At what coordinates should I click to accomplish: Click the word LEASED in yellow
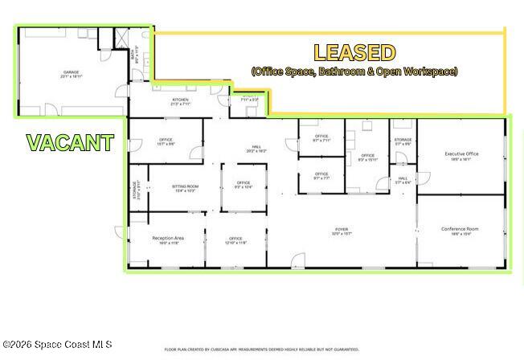pos(354,53)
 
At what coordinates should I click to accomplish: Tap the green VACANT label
pos(70,143)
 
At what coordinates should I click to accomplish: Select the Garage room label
pos(72,75)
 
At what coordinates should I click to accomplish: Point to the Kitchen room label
pos(180,101)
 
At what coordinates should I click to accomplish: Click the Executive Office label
pos(461,154)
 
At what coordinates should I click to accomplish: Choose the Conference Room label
pos(460,231)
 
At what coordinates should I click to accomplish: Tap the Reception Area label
pos(168,239)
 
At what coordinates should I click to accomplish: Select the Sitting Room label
pos(185,188)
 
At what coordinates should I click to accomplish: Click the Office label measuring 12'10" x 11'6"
pos(235,239)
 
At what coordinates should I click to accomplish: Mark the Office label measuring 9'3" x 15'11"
pos(367,157)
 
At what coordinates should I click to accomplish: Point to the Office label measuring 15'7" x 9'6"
pos(166,141)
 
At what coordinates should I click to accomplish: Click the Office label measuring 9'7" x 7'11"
pos(321,137)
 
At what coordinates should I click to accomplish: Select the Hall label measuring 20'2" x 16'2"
pos(256,148)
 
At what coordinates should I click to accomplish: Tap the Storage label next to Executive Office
pos(403,141)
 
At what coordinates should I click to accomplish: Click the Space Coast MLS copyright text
pos(57,345)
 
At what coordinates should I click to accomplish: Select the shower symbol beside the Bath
pos(121,39)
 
